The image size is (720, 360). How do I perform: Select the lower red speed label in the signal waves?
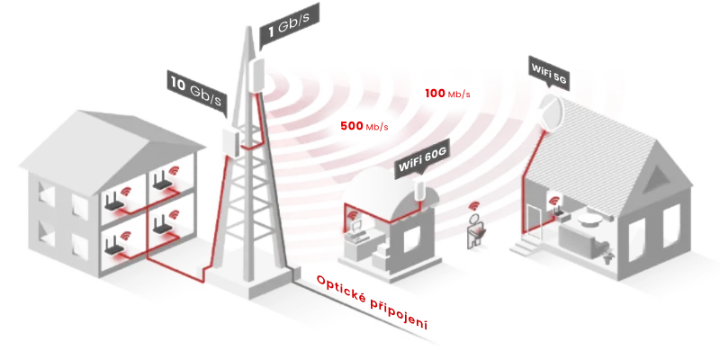click(x=364, y=127)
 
